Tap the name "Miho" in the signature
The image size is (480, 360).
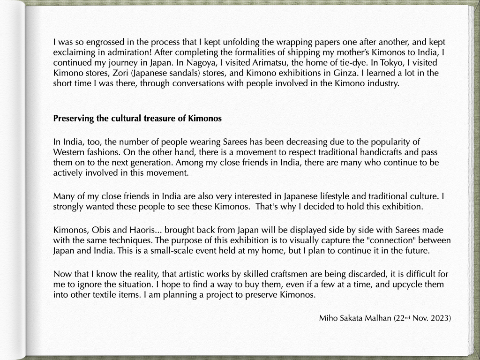[328, 318]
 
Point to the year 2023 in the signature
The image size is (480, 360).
[440, 318]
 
